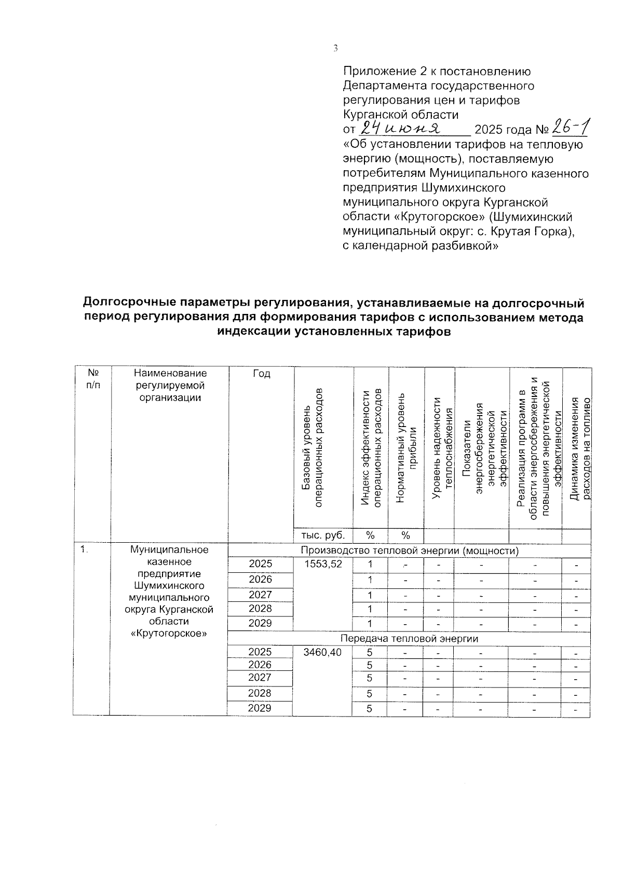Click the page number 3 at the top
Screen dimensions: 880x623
click(x=335, y=49)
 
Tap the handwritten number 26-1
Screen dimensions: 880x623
click(x=571, y=126)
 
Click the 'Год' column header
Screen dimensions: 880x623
click(x=262, y=374)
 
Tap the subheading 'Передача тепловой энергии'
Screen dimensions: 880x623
click(x=409, y=639)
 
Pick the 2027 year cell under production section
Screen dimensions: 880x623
click(x=260, y=595)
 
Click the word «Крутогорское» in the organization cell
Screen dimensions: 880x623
click(x=169, y=633)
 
